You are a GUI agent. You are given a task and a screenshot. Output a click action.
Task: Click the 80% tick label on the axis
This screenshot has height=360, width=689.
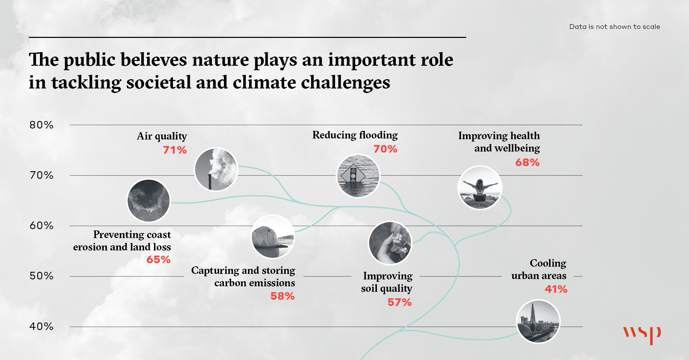click(x=41, y=125)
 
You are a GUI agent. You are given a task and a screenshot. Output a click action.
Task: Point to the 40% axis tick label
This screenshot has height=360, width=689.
click(x=41, y=326)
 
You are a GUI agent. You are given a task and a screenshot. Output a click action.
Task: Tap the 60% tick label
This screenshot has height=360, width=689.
click(x=41, y=226)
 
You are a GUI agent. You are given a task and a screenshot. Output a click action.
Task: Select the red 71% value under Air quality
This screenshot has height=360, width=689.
click(x=175, y=150)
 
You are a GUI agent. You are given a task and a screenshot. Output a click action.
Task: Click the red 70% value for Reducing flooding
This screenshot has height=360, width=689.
click(x=385, y=149)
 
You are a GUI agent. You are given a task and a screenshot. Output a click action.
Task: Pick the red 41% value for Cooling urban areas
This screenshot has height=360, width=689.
click(x=556, y=289)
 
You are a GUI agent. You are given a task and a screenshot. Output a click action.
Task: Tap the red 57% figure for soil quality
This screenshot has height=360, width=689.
click(x=400, y=302)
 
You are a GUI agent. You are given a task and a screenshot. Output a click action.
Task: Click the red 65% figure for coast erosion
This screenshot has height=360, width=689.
click(x=158, y=259)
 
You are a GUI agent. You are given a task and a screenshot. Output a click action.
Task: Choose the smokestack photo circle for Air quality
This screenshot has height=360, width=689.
click(x=216, y=169)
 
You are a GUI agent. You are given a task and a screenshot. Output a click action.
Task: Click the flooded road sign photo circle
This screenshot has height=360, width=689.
click(x=358, y=176)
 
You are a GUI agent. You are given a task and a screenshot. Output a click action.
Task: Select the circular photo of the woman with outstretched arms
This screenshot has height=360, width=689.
click(x=480, y=188)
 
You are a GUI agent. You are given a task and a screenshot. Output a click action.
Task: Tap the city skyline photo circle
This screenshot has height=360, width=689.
click(x=538, y=321)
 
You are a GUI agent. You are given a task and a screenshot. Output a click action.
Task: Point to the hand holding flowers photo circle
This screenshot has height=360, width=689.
click(x=390, y=243)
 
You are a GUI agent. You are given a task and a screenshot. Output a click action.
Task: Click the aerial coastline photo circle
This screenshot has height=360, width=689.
click(x=149, y=200)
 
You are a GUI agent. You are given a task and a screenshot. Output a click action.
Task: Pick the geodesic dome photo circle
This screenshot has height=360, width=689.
click(x=273, y=237)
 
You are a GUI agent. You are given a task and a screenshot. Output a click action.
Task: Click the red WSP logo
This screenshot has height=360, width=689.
click(x=642, y=335)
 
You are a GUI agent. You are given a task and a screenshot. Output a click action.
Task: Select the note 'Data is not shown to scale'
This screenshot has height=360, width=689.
click(x=615, y=27)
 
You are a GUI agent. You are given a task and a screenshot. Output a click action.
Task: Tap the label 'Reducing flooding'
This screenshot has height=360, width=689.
click(x=355, y=135)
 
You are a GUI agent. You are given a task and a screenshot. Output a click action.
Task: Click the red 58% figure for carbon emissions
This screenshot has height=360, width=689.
click(x=282, y=296)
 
